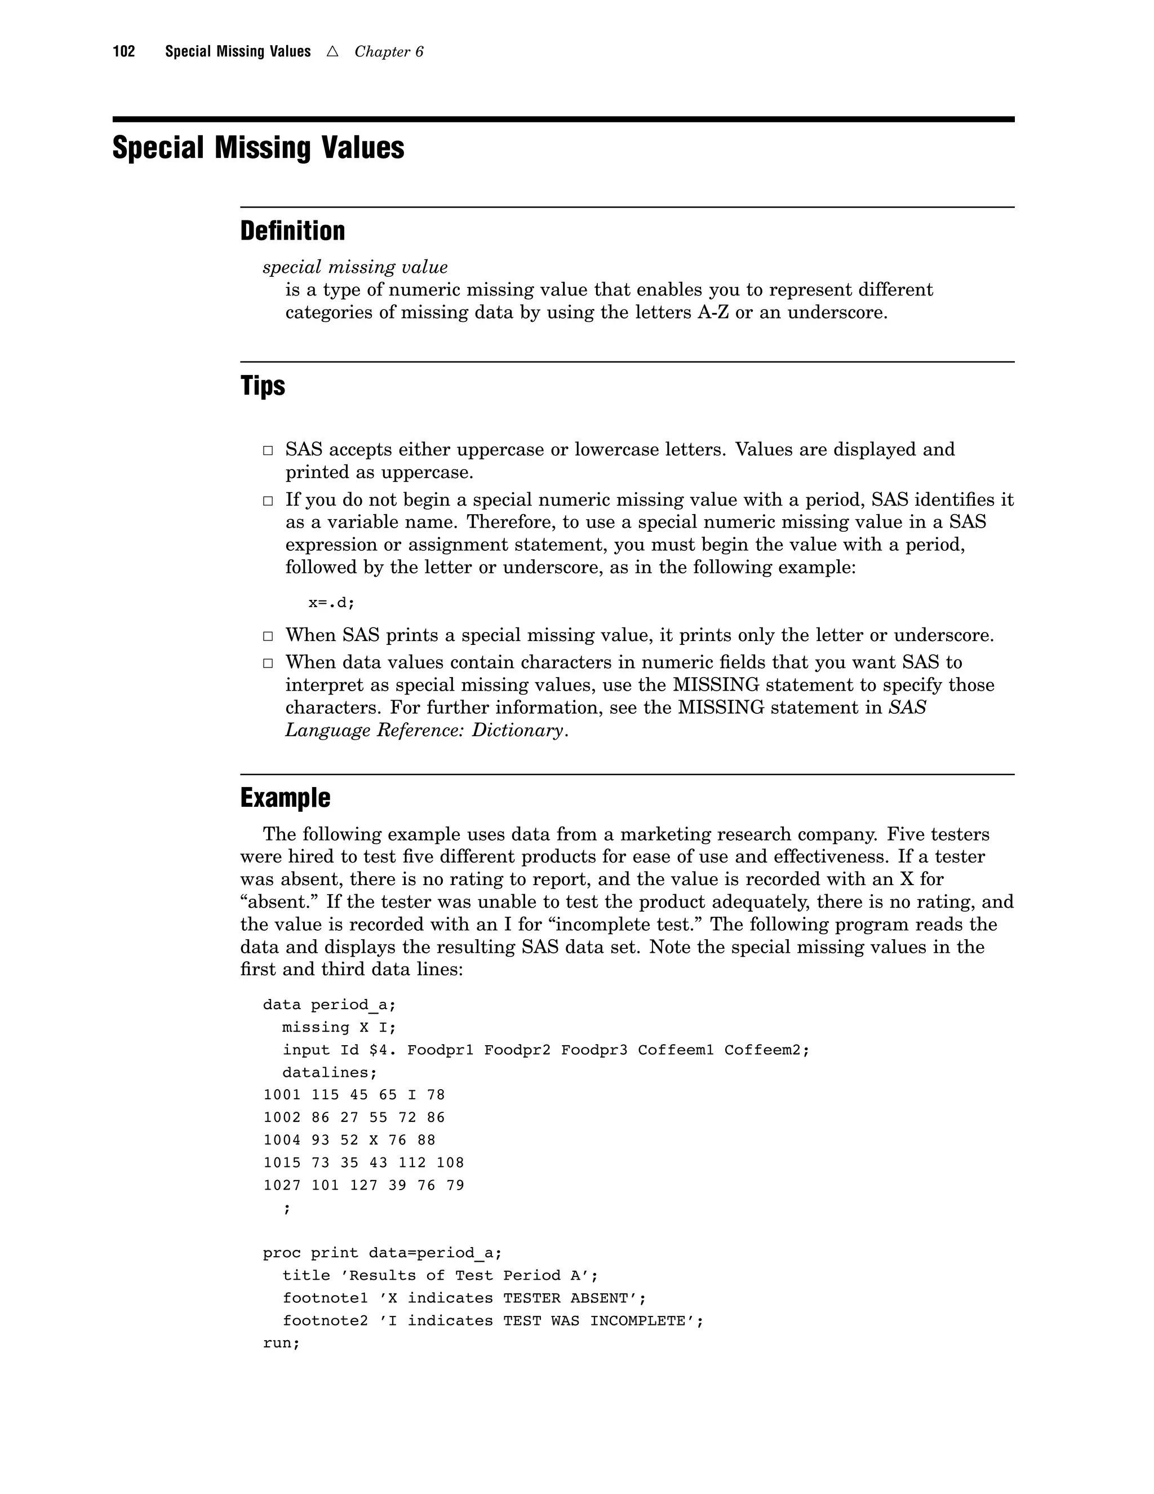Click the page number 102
(x=124, y=52)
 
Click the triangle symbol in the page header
(x=333, y=52)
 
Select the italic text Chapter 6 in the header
(x=388, y=52)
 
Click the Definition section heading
(x=292, y=231)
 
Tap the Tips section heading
(x=263, y=386)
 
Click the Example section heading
(x=285, y=798)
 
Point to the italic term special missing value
(x=355, y=267)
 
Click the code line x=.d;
(x=331, y=603)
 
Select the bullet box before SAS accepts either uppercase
(x=268, y=451)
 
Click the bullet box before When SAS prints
(x=268, y=636)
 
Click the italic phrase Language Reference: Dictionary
(x=425, y=730)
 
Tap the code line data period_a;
(x=330, y=1005)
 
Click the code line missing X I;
(x=339, y=1027)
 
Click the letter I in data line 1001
(x=412, y=1095)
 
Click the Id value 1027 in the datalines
(x=282, y=1186)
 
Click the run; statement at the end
(x=282, y=1343)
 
